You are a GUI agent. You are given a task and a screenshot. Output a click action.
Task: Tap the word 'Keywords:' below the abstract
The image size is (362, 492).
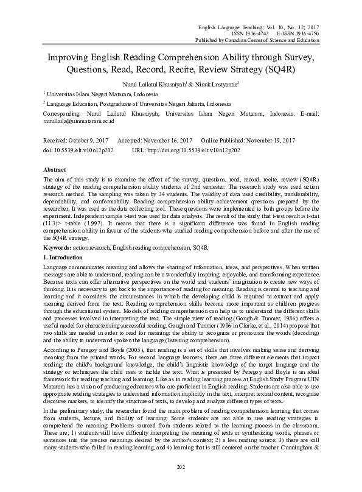tap(58, 249)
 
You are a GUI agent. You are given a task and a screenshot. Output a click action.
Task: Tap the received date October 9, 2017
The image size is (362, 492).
tap(86, 140)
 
